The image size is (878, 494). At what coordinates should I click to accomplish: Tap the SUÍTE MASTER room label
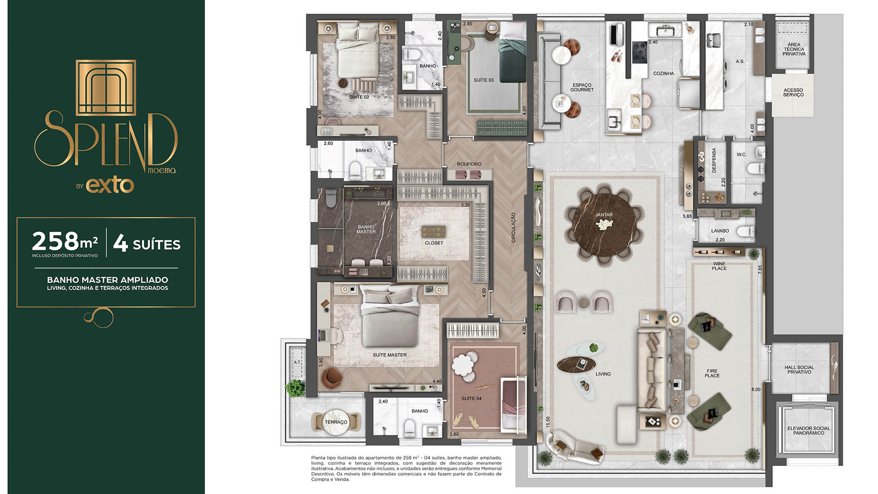pyautogui.click(x=390, y=355)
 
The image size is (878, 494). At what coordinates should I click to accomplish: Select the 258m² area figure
pyautogui.click(x=64, y=242)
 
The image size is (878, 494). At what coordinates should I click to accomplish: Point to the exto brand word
pyautogui.click(x=110, y=185)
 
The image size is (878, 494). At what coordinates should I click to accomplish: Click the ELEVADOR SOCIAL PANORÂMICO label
pyautogui.click(x=808, y=431)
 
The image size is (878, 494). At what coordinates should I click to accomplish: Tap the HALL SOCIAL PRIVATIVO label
pyautogui.click(x=799, y=370)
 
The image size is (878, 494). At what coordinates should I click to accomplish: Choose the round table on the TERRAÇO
pyautogui.click(x=336, y=421)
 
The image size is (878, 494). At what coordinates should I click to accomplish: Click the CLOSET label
pyautogui.click(x=434, y=243)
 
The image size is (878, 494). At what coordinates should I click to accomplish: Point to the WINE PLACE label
pyautogui.click(x=719, y=266)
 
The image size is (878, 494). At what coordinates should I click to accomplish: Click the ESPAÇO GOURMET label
pyautogui.click(x=582, y=87)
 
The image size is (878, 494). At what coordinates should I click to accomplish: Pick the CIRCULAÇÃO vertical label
pyautogui.click(x=513, y=227)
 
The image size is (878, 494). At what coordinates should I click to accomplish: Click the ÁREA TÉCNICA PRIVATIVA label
pyautogui.click(x=794, y=49)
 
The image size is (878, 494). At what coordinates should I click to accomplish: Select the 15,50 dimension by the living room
pyautogui.click(x=548, y=421)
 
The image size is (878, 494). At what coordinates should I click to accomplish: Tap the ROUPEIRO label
pyautogui.click(x=469, y=164)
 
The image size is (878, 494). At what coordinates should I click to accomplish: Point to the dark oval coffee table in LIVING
pyautogui.click(x=576, y=364)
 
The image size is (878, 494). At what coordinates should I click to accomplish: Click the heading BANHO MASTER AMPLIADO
pyautogui.click(x=107, y=279)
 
